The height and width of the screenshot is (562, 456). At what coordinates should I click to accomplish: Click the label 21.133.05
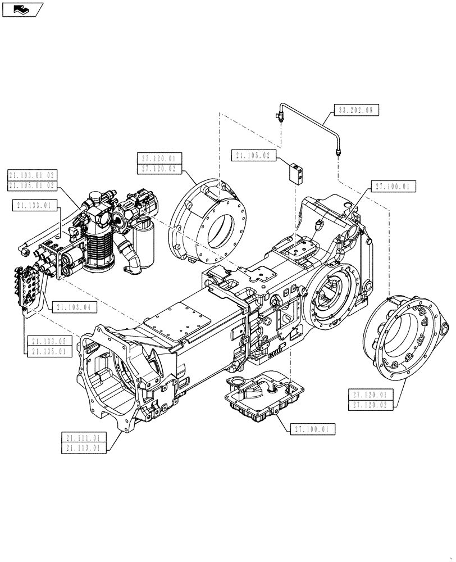point(49,341)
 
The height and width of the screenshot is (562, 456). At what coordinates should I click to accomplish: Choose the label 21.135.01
point(49,351)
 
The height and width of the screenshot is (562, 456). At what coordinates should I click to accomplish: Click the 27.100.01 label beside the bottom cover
point(313,429)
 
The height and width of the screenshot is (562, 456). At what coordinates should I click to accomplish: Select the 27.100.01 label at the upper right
point(393,186)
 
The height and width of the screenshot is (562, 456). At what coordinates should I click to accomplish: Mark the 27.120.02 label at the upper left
point(159,168)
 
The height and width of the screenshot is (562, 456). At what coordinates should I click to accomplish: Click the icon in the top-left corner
point(21,9)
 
